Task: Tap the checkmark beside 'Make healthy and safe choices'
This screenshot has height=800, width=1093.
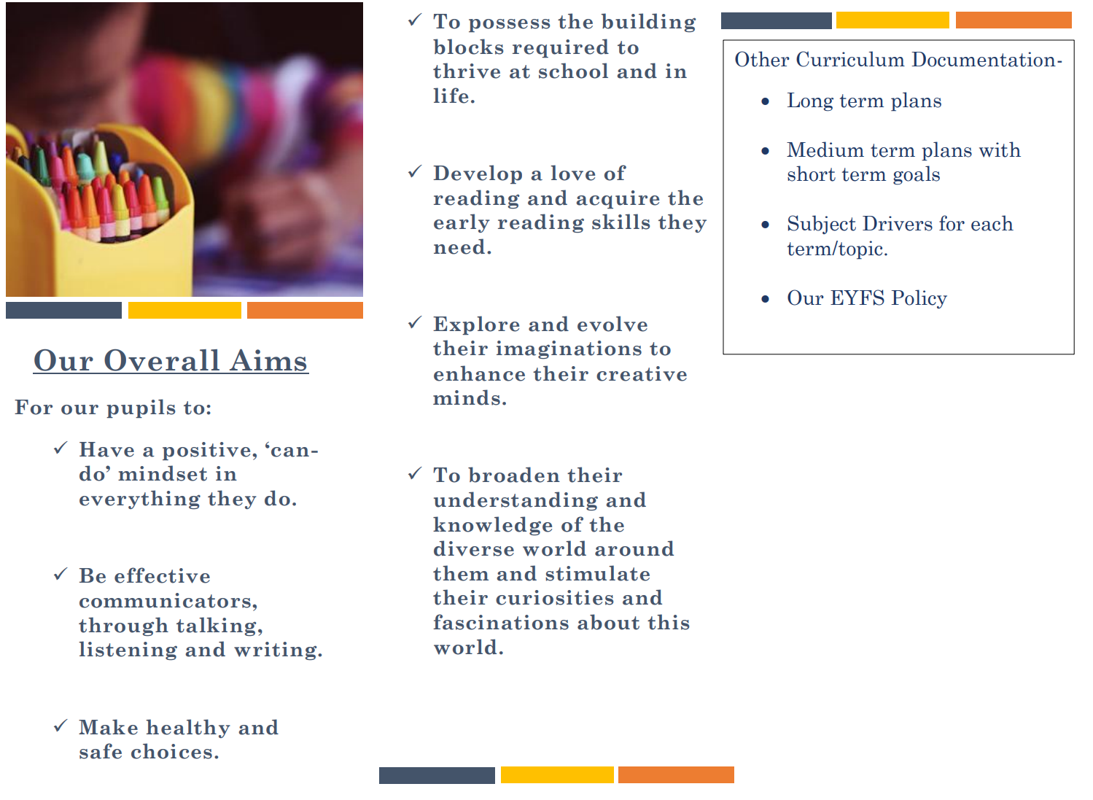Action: click(61, 726)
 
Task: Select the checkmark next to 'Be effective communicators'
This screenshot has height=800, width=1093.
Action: click(61, 575)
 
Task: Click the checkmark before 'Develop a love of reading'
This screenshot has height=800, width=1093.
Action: click(415, 171)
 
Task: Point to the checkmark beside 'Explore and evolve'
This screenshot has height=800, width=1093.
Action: click(415, 322)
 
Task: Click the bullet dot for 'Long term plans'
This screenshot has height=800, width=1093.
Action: click(765, 101)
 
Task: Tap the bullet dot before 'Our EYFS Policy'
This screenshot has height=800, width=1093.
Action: click(765, 299)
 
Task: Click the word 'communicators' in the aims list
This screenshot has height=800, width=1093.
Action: click(168, 602)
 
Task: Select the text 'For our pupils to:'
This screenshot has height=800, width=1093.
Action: click(113, 408)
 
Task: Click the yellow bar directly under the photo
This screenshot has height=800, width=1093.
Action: click(184, 311)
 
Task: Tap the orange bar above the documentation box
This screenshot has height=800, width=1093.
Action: click(1014, 20)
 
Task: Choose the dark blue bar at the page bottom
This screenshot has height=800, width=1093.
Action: click(437, 776)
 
